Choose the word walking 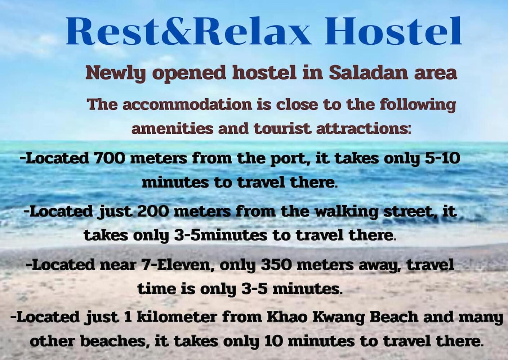pyautogui.click(x=346, y=212)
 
